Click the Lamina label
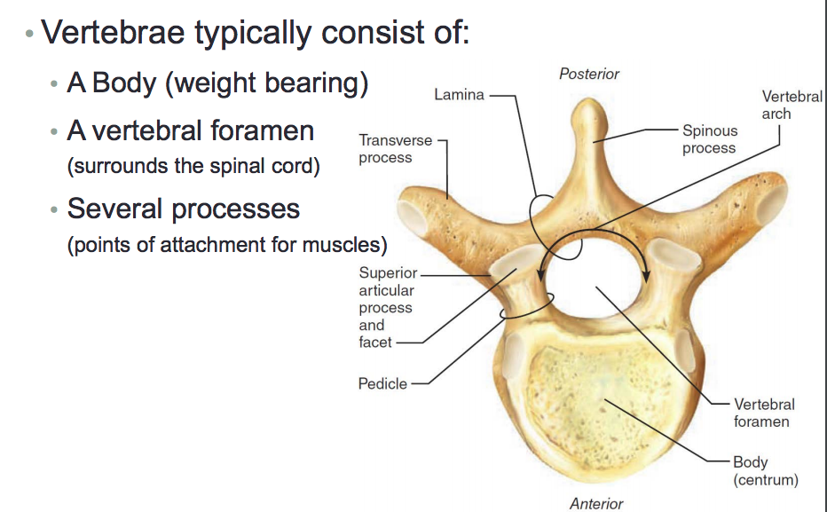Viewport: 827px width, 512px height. (459, 95)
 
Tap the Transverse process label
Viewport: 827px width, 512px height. (395, 149)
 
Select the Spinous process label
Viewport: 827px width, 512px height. (710, 139)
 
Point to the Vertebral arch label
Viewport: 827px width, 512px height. (792, 105)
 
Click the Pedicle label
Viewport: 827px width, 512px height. (382, 384)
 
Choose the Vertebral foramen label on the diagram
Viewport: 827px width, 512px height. (764, 413)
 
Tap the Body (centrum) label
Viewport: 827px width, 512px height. (766, 471)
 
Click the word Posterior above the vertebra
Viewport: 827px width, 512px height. (589, 74)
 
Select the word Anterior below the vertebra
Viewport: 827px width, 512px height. (596, 504)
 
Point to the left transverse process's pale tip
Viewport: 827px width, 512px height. (413, 217)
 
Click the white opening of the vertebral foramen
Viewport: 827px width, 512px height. (595, 279)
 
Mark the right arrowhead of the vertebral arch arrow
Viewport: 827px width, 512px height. (647, 276)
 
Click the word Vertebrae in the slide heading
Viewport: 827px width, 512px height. (113, 33)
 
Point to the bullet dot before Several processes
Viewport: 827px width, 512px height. (54, 210)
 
